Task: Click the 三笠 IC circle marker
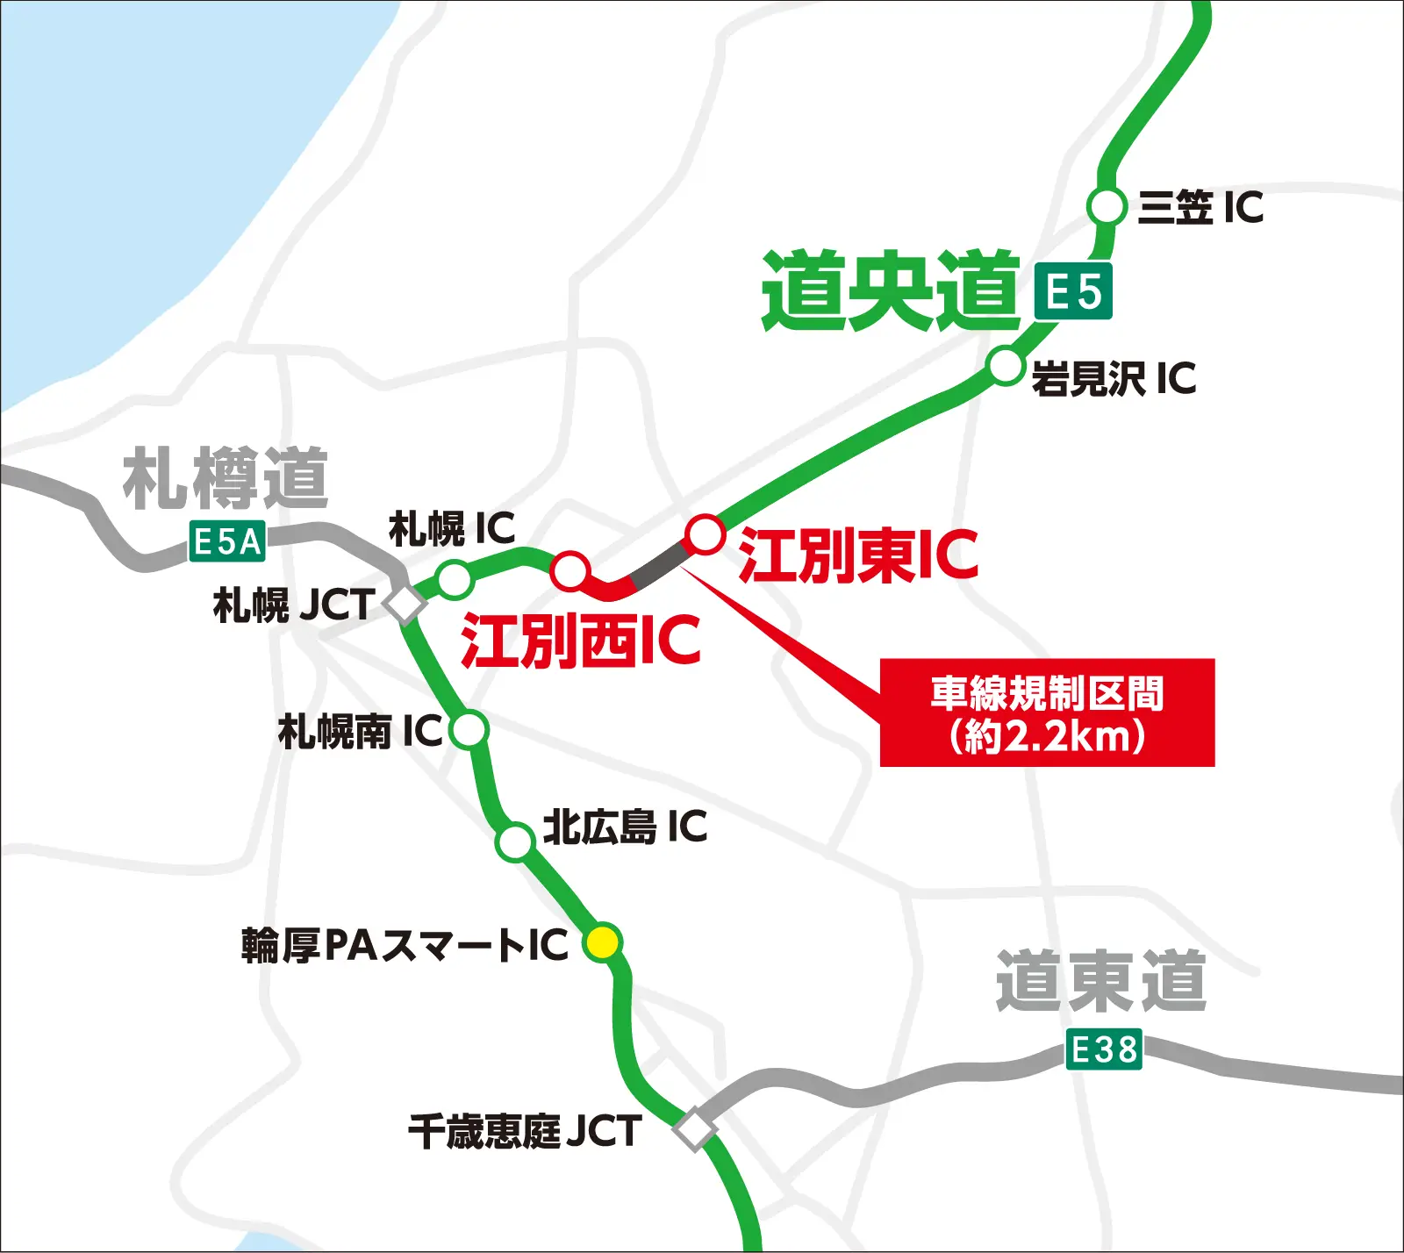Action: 1107,207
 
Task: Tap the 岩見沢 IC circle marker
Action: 1006,366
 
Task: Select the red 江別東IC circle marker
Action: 705,533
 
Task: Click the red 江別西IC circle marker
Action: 570,570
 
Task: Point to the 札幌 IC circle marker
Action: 455,579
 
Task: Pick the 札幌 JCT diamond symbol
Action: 405,604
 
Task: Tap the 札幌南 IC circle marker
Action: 469,728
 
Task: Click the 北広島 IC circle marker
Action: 515,841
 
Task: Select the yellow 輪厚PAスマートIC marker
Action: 603,942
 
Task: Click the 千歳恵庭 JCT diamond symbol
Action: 695,1129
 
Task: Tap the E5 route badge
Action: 1072,291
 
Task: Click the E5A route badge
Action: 227,541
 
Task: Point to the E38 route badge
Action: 1104,1049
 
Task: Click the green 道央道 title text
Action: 891,291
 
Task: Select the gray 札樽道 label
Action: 226,478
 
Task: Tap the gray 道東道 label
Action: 1101,981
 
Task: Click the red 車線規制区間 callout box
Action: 1047,712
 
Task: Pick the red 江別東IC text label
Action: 857,555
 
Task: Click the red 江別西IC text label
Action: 581,641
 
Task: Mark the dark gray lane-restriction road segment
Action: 659,563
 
